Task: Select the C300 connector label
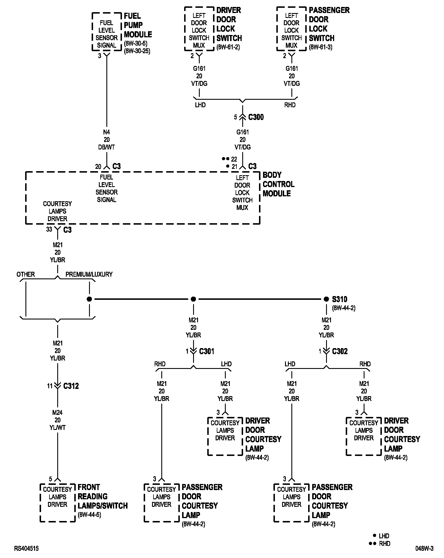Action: (x=256, y=117)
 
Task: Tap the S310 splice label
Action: (x=339, y=299)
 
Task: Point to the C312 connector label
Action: (x=71, y=386)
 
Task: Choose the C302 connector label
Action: (x=340, y=351)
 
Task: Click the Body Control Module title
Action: (x=278, y=184)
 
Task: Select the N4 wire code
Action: (x=107, y=132)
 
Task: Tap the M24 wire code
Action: (x=58, y=413)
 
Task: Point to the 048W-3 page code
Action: (x=424, y=548)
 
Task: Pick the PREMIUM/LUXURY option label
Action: (x=89, y=274)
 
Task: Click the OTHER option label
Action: (x=26, y=274)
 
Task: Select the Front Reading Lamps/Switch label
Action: (x=102, y=496)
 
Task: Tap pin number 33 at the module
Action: (x=49, y=230)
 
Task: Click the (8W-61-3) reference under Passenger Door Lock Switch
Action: (x=321, y=47)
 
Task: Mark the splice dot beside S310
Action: (x=326, y=299)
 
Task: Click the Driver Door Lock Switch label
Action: (x=229, y=24)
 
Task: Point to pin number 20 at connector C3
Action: (x=98, y=167)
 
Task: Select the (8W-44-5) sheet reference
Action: (x=89, y=515)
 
